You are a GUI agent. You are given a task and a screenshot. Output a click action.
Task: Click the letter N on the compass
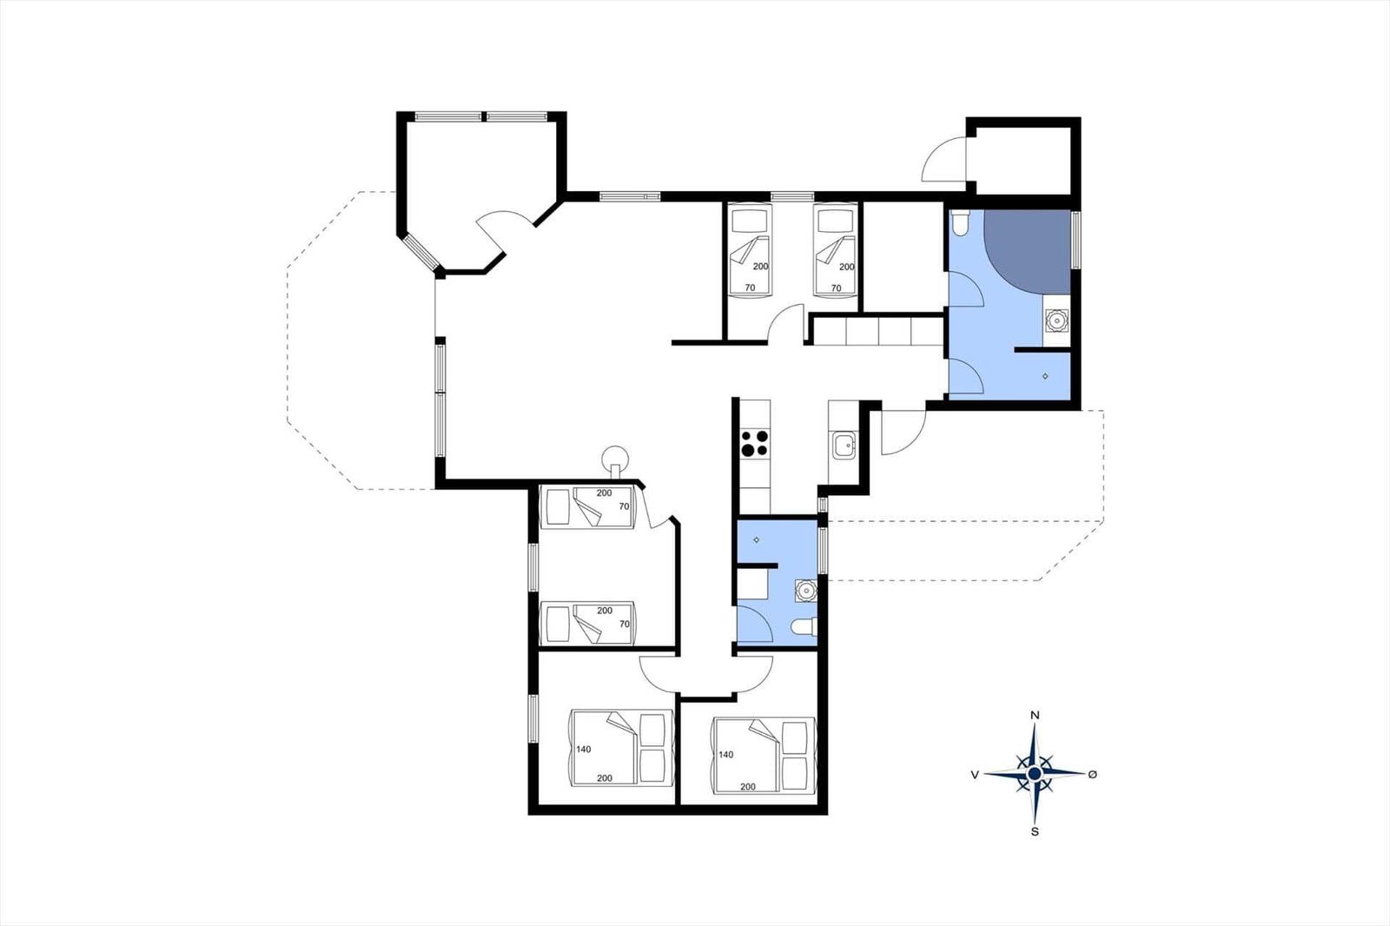point(1035,715)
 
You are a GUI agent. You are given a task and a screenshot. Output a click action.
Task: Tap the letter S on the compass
point(1035,831)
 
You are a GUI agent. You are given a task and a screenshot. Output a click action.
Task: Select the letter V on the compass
point(975,775)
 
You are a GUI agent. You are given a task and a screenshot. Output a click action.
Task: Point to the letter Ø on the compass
point(1093,774)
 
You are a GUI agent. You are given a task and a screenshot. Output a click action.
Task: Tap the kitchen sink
point(844,446)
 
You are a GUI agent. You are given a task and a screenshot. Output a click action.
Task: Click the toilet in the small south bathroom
point(804,627)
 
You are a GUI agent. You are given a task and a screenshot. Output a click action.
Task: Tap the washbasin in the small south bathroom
point(805,590)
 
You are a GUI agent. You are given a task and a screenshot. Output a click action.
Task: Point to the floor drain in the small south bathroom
point(757,539)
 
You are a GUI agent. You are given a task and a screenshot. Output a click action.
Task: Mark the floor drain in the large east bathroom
point(1046,376)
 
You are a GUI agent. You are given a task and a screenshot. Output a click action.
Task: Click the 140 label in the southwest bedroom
point(583,749)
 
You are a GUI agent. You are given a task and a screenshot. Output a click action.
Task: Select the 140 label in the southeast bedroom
point(726,755)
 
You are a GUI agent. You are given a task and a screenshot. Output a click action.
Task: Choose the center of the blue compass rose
point(1035,773)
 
